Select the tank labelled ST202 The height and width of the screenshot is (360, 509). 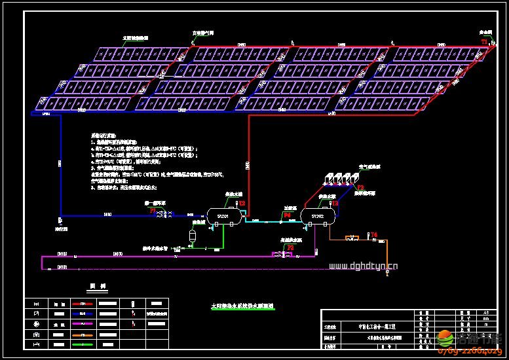316,215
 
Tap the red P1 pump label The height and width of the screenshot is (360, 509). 153,211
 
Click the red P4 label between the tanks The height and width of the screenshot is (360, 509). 287,214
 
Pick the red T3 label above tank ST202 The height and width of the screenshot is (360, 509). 335,204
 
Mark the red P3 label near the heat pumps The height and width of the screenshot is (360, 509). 360,187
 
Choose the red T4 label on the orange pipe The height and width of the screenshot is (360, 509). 374,234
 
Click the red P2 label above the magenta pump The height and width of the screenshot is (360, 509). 291,247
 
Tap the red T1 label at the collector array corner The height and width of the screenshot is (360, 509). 484,41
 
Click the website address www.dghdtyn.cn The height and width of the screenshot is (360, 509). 364,266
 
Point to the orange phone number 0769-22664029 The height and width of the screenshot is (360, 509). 472,351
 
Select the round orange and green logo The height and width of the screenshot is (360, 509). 445,339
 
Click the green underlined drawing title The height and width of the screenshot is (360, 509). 242,306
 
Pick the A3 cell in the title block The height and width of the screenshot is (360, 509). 485,314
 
